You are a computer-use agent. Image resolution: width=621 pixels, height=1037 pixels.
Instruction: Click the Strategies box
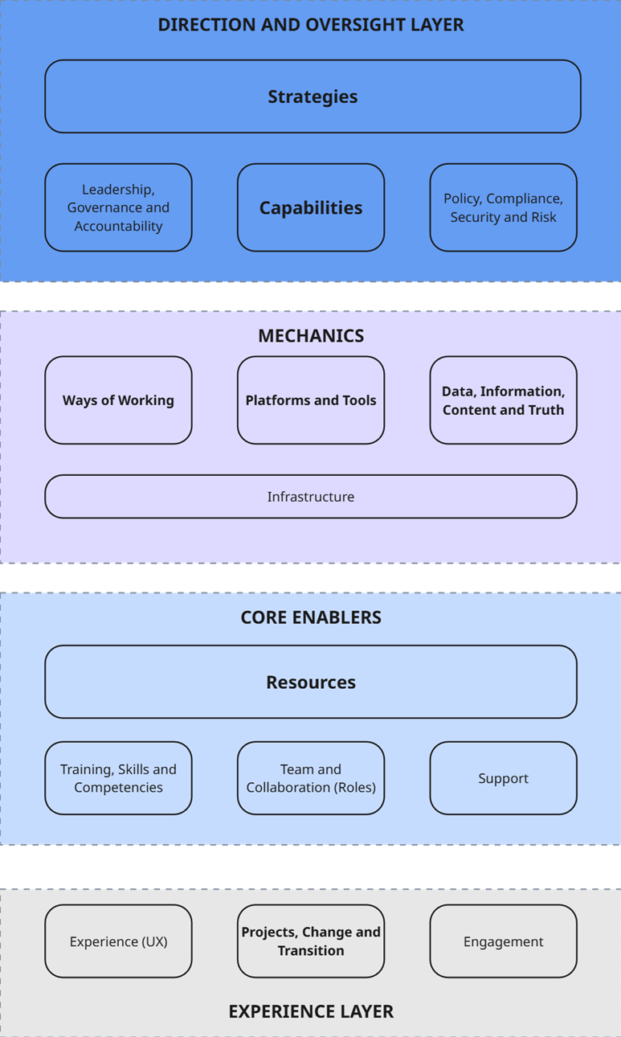[313, 96]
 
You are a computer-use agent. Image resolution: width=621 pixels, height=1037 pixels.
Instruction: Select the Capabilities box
[311, 207]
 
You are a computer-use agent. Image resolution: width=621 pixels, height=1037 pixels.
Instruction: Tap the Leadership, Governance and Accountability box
[118, 207]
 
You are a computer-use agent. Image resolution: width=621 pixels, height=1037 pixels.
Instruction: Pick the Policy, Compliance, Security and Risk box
[503, 207]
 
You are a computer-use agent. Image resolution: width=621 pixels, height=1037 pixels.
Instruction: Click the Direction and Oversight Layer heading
[311, 25]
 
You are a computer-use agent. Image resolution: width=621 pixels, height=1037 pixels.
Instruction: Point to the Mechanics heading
[311, 336]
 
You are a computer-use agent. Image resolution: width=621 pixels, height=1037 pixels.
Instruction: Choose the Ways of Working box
[118, 400]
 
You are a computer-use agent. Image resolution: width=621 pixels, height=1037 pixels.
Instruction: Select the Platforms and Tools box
[311, 400]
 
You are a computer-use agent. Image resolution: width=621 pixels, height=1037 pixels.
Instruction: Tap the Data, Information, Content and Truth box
[503, 400]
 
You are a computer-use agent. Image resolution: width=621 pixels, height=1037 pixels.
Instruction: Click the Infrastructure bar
[311, 497]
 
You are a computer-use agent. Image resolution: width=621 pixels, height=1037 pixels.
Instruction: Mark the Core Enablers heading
[311, 617]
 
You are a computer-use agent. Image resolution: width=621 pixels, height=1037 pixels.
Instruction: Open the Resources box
[311, 682]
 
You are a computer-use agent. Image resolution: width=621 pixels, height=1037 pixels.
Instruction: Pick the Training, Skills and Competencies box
[118, 778]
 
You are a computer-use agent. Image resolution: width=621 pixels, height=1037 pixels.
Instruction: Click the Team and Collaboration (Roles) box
[311, 778]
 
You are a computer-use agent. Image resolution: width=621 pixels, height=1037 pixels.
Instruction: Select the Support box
[503, 778]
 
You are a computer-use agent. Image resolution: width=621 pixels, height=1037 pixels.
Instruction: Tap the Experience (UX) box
[118, 941]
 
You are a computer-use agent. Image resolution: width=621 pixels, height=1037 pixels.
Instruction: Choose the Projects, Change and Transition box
[311, 941]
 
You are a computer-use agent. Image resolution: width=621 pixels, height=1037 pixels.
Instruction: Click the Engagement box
[503, 941]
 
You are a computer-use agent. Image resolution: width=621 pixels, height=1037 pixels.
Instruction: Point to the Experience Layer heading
[311, 1011]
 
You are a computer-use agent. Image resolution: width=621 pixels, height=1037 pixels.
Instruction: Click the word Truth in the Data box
[546, 410]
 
